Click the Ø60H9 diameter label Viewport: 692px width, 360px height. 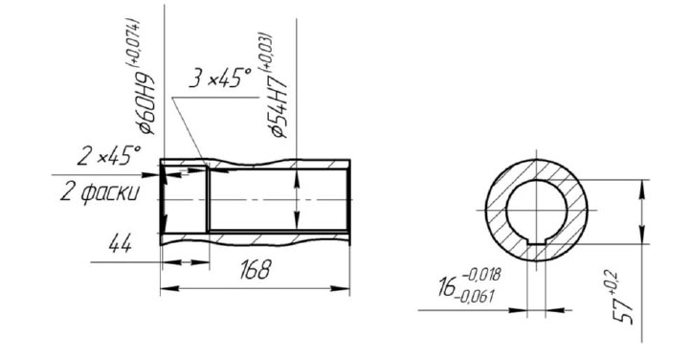tap(146, 102)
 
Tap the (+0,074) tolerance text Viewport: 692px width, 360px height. tap(134, 43)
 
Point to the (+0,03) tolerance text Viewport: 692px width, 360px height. tap(267, 52)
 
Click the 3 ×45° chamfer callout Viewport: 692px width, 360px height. tap(220, 79)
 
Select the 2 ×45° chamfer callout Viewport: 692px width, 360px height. tap(108, 156)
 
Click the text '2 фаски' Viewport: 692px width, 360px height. tap(100, 193)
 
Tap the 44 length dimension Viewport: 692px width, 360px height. tap(120, 243)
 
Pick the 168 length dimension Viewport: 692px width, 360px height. tap(255, 269)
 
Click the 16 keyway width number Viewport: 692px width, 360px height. tap(447, 286)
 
